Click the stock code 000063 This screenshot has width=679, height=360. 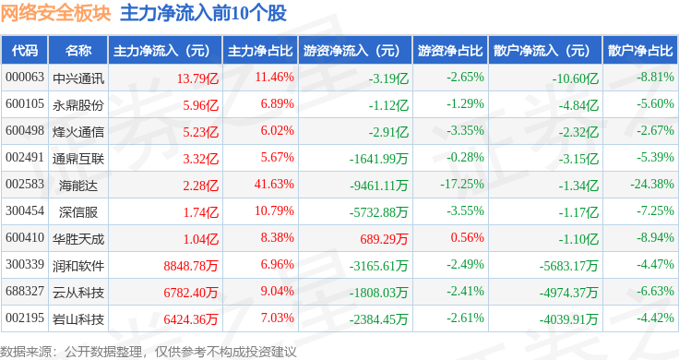(25, 78)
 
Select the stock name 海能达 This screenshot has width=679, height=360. (77, 185)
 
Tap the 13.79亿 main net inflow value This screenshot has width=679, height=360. (197, 78)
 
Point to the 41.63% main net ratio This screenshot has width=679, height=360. (274, 184)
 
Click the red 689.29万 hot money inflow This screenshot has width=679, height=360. (384, 239)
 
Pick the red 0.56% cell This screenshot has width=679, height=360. (467, 237)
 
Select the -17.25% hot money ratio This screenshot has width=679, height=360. (461, 184)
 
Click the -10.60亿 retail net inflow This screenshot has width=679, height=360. (575, 78)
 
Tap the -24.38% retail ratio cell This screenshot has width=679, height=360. (651, 184)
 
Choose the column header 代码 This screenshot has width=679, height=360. (25, 51)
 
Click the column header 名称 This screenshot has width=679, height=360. (77, 51)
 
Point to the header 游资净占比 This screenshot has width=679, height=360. (450, 51)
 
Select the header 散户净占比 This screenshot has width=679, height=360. (640, 51)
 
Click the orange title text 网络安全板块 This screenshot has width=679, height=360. (56, 13)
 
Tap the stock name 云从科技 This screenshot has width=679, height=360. (77, 293)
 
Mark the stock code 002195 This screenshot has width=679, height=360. (25, 318)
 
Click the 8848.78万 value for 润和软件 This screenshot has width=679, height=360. (191, 266)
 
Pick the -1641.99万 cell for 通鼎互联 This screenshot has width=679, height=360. (378, 159)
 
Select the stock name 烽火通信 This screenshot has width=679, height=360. (77, 132)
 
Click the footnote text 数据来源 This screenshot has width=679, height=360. (26, 352)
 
